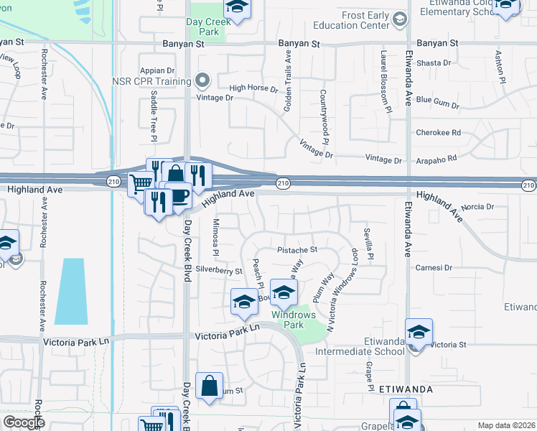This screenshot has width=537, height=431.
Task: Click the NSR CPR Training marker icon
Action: point(202,80)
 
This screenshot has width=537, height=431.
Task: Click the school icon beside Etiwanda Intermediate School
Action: point(419,333)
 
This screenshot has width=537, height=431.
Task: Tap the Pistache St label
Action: point(297,250)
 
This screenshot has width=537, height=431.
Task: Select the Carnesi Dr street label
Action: point(434,267)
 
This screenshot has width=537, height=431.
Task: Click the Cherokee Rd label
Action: point(438,133)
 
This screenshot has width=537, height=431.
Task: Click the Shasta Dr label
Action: point(433,63)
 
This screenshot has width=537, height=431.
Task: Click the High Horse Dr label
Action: point(253,89)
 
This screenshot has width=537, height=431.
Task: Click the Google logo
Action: point(24,422)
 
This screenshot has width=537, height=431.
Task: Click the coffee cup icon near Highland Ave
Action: point(178,195)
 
